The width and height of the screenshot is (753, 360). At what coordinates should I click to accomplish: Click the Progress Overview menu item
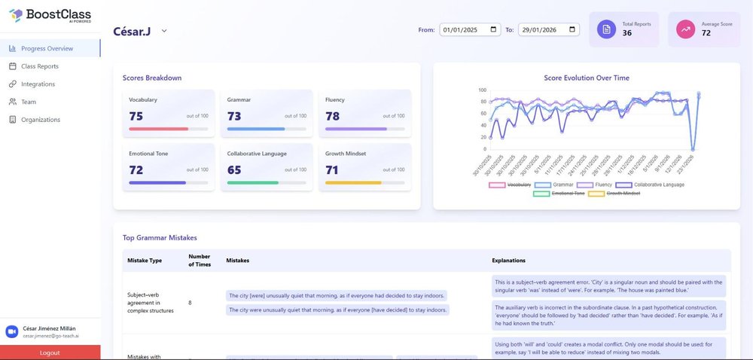(x=47, y=48)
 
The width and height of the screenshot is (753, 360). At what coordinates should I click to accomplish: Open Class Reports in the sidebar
(x=39, y=66)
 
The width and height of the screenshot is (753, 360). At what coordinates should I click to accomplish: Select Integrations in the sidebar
(x=38, y=84)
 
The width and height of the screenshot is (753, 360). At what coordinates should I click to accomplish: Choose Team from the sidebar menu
(x=28, y=102)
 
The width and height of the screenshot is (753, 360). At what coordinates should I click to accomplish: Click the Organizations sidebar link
(x=41, y=120)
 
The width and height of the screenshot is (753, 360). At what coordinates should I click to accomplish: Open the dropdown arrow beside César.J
(x=164, y=31)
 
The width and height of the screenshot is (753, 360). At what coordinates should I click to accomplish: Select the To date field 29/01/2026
(x=548, y=30)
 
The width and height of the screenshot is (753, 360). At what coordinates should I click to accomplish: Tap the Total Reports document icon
(x=606, y=29)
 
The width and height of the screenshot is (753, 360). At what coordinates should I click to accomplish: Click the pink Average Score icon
(x=685, y=29)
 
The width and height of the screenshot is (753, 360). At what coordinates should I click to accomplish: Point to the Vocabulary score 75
(x=136, y=116)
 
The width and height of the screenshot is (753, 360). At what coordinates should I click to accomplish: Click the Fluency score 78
(x=332, y=116)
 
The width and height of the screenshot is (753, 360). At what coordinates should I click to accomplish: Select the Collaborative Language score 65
(x=234, y=170)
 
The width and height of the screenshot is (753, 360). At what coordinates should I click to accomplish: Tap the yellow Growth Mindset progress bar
(x=353, y=183)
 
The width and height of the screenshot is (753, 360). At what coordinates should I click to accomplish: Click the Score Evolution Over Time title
(x=586, y=78)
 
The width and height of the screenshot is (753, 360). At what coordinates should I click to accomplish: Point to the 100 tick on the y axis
(x=482, y=90)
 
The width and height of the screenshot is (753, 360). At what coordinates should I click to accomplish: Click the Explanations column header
(x=508, y=261)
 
